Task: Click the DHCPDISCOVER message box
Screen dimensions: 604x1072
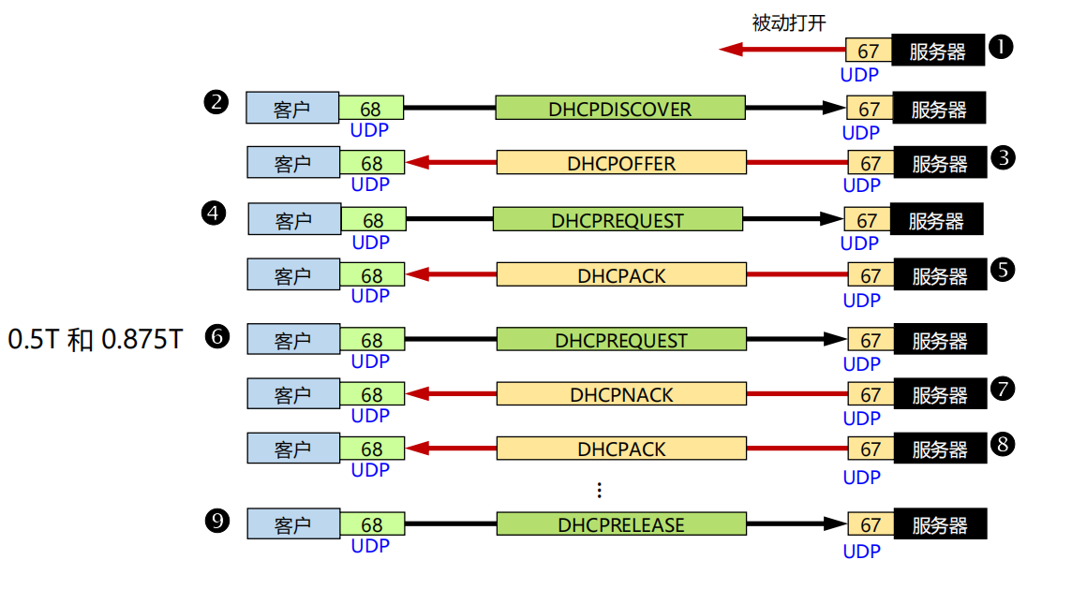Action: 620,109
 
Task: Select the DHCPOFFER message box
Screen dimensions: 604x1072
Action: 621,163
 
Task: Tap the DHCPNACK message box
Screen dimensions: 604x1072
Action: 621,394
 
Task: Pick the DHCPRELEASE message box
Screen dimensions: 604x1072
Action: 621,524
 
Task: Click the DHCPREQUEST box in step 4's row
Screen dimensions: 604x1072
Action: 618,220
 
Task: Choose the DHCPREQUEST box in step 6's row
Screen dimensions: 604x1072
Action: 621,340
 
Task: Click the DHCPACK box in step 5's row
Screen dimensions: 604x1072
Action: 621,275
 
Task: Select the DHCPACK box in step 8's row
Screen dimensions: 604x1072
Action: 621,449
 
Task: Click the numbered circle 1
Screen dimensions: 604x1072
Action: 1002,47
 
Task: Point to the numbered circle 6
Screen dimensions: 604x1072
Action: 216,336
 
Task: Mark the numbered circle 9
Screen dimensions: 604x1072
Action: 216,521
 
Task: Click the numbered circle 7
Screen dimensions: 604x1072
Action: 1003,388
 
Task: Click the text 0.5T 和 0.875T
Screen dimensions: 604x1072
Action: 95,339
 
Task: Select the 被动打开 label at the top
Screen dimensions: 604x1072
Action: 789,23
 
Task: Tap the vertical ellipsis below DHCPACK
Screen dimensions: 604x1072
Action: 600,490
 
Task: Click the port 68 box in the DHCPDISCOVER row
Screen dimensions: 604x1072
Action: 371,109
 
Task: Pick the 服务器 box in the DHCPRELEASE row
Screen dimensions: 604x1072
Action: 940,525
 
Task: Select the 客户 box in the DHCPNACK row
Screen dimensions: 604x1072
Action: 292,394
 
